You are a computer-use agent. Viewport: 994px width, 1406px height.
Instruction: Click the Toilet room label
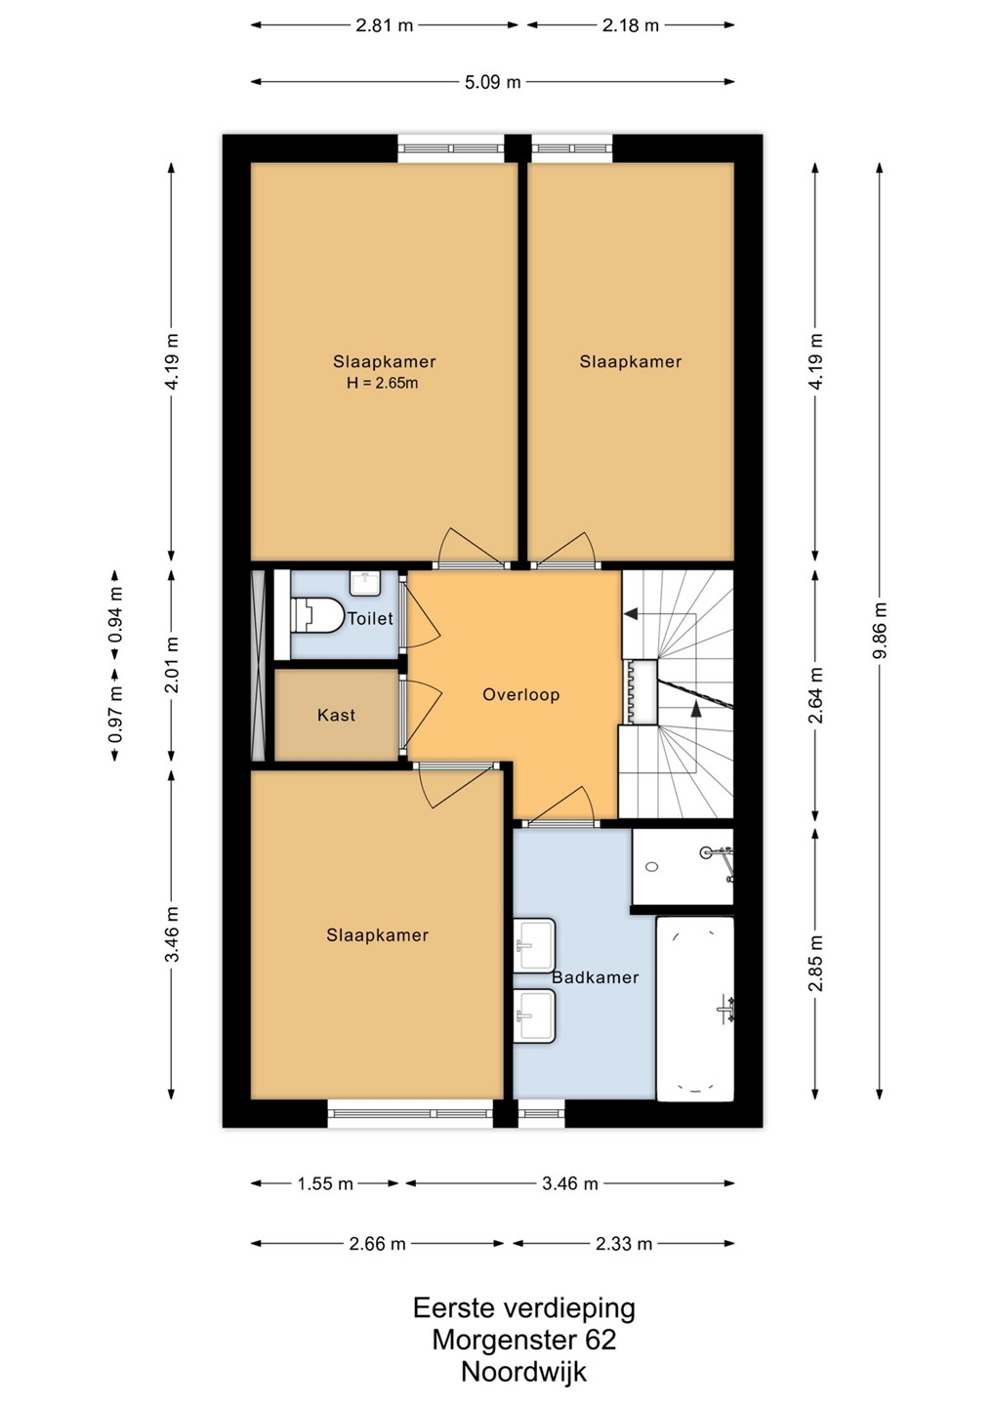(370, 619)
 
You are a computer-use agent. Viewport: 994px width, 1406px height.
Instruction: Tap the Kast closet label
(336, 715)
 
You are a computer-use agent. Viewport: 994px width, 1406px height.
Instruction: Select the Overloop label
(520, 695)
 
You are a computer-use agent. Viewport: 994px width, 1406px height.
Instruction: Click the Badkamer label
(595, 977)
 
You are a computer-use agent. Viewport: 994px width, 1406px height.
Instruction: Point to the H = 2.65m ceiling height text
(382, 383)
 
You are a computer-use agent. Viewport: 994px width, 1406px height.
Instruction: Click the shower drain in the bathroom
(652, 867)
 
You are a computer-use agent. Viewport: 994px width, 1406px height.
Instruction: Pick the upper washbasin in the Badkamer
(535, 946)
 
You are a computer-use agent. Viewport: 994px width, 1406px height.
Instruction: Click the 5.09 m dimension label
(493, 82)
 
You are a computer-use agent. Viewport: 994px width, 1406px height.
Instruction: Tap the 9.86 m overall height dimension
(881, 630)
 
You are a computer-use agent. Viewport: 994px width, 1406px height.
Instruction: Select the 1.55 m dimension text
(325, 1184)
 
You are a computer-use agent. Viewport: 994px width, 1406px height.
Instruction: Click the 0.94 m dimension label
(115, 615)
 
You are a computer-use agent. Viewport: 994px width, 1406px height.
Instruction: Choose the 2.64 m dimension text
(815, 695)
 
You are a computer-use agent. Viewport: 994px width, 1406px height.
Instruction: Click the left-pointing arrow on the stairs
(631, 613)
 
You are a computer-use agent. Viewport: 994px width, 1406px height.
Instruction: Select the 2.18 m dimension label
(630, 25)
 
